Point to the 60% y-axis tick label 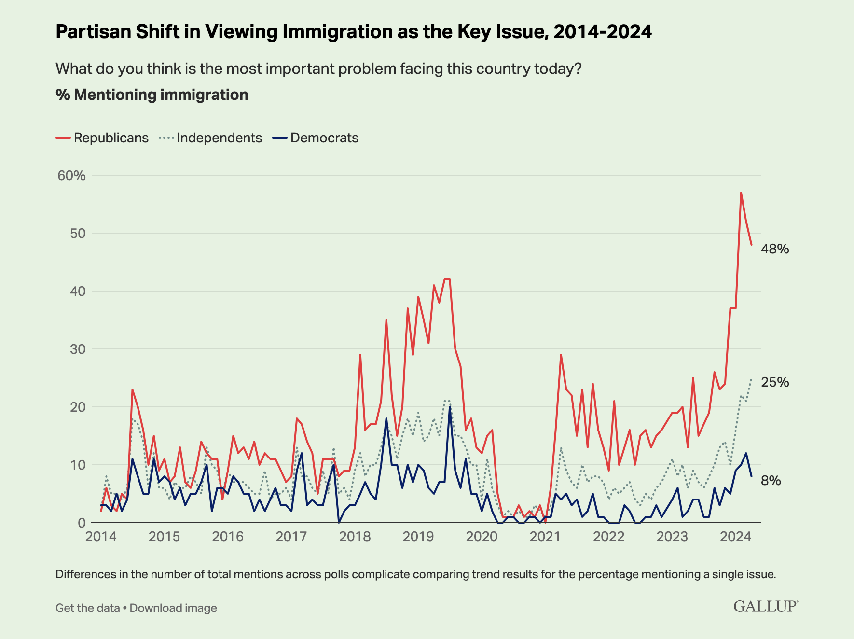[71, 175]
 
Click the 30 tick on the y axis [78, 349]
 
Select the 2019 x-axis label [418, 537]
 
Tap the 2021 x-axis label [545, 537]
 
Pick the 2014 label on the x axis [101, 537]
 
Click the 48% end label [775, 249]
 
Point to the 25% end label [775, 382]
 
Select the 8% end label [771, 480]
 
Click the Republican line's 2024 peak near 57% [741, 193]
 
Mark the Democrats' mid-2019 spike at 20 [450, 407]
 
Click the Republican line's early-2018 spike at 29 [360, 355]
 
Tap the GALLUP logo [765, 606]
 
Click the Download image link [173, 608]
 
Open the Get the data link [87, 608]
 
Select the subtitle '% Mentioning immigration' [152, 95]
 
